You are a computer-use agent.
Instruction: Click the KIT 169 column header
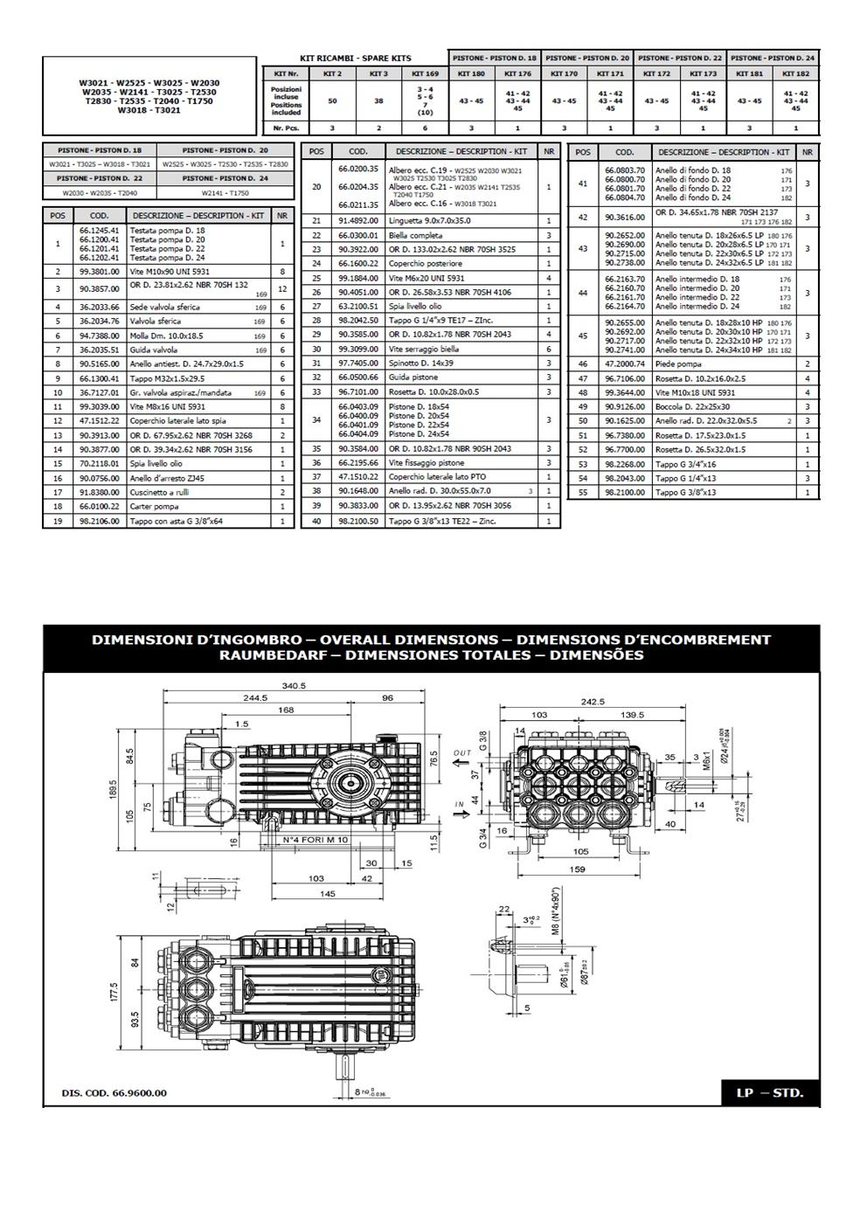(x=425, y=74)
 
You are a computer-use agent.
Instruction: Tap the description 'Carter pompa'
(x=154, y=506)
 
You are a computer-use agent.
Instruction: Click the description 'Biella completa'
(x=415, y=235)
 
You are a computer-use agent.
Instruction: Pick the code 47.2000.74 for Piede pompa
(x=624, y=364)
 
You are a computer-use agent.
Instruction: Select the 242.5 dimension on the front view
(x=592, y=702)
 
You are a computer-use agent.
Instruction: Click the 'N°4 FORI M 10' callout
(x=316, y=840)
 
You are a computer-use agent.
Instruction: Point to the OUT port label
(x=462, y=752)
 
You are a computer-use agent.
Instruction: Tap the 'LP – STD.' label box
(x=769, y=1092)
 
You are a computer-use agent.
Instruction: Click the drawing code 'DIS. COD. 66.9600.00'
(x=114, y=1092)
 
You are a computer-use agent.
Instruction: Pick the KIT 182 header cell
(x=795, y=74)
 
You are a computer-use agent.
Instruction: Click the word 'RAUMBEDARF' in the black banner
(x=263, y=655)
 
